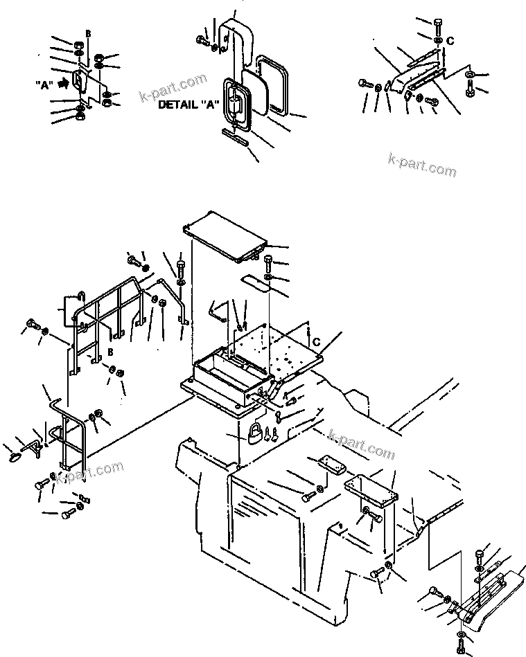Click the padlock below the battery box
point(254,434)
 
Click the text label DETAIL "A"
point(189,105)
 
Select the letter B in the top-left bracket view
point(87,33)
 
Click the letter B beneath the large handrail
point(110,352)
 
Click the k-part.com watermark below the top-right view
point(422,165)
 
